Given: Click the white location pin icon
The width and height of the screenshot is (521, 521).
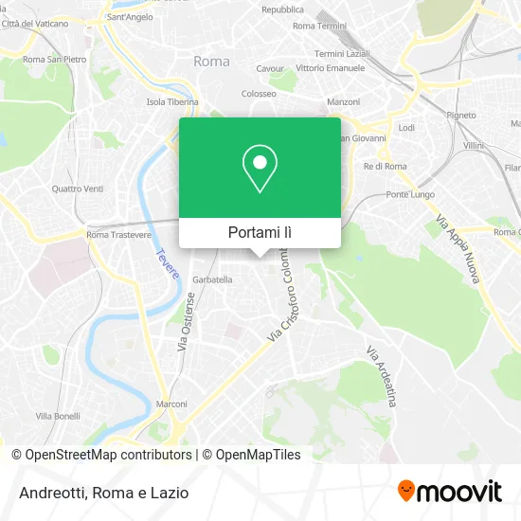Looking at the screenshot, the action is tap(260, 169).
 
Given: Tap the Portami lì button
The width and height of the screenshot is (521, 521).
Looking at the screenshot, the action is tap(260, 232).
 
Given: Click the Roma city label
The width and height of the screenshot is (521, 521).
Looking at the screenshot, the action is tap(210, 61).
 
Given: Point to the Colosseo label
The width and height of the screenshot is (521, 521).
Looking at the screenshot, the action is tap(259, 94).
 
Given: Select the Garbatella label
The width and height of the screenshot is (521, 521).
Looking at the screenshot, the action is tap(212, 279).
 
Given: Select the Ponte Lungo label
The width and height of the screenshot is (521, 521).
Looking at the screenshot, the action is tap(409, 194).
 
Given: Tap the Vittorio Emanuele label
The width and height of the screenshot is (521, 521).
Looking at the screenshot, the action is tap(330, 68).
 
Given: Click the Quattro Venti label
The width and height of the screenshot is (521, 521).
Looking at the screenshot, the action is tap(78, 188).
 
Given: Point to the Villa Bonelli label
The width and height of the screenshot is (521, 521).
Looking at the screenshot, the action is tap(57, 416).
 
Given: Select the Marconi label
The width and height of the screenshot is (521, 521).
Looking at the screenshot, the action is tap(171, 404).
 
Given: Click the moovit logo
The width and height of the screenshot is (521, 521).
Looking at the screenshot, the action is tap(449, 492).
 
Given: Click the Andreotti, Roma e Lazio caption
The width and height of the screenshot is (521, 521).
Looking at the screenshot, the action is tap(100, 493).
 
